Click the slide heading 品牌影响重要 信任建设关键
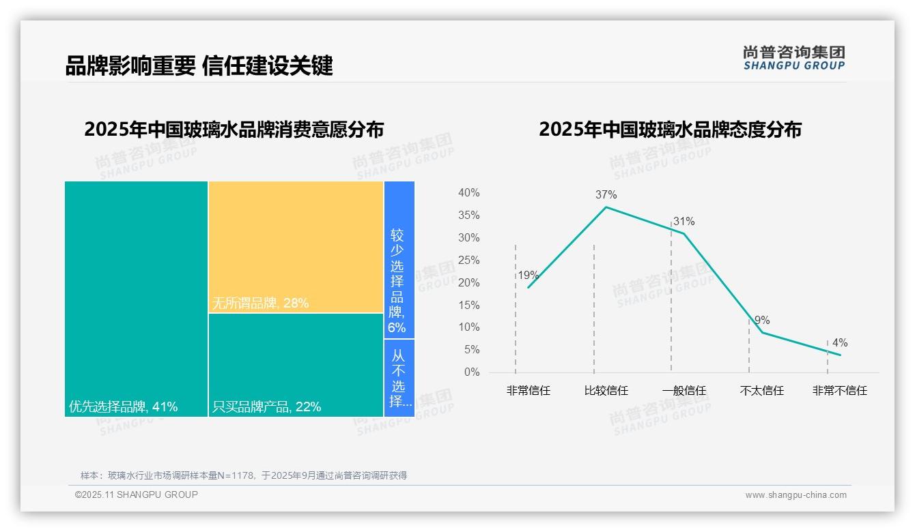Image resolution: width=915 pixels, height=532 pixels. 199,65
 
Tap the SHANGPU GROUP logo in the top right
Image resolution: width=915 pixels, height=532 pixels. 793,58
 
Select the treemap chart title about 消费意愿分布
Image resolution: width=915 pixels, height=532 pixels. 234,130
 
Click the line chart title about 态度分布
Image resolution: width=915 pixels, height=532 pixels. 670,130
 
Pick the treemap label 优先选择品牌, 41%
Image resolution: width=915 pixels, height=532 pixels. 123,407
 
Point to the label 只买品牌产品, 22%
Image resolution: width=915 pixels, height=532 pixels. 266,407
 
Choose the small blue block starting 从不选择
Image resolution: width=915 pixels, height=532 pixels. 399,378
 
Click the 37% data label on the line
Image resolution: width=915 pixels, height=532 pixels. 606,194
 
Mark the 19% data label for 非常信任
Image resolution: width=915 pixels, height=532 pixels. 528,276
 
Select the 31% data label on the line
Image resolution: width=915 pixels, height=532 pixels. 684,221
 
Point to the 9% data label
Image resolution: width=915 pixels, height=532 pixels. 762,320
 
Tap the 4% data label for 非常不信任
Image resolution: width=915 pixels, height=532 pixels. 839,342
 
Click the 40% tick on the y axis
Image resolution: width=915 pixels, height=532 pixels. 468,193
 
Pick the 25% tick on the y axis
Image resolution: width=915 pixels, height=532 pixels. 468,260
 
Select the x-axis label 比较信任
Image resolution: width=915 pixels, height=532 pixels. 606,391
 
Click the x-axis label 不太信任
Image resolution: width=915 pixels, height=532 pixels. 761,391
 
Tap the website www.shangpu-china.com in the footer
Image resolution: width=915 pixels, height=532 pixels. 796,495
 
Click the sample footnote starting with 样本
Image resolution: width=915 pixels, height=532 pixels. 243,475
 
